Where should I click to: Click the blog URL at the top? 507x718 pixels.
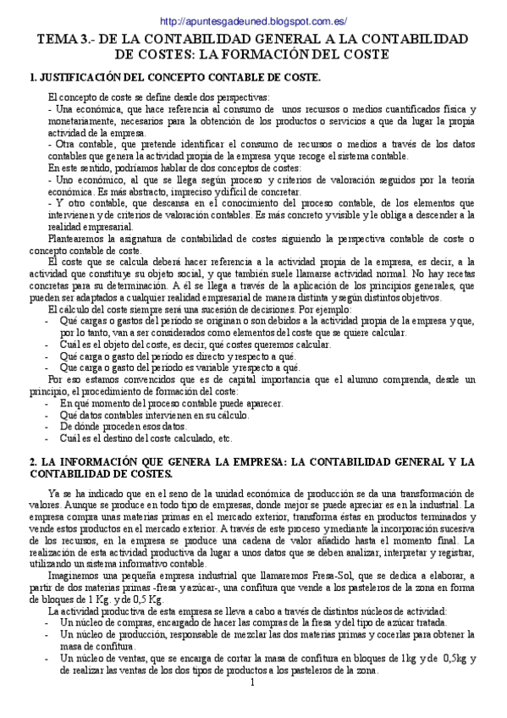pyautogui.click(x=252, y=21)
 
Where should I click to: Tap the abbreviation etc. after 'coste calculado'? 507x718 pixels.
pyautogui.click(x=225, y=439)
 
